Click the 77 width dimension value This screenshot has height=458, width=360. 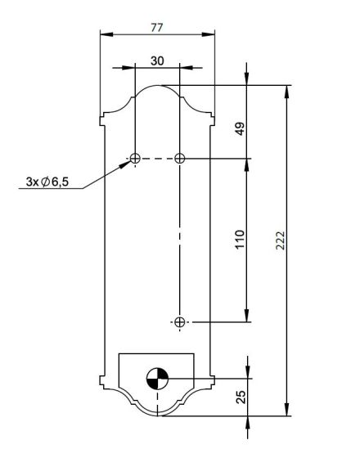157,28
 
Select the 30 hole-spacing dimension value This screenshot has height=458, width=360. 157,61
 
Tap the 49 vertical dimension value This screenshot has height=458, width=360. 241,129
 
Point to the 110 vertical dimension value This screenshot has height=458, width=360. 240,239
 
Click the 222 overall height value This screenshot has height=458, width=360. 280,240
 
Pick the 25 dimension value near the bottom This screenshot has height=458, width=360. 241,397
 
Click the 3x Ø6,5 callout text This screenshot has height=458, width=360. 47,182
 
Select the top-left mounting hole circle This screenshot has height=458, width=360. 135,159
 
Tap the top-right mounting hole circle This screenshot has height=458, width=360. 180,159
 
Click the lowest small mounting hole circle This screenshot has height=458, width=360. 180,322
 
